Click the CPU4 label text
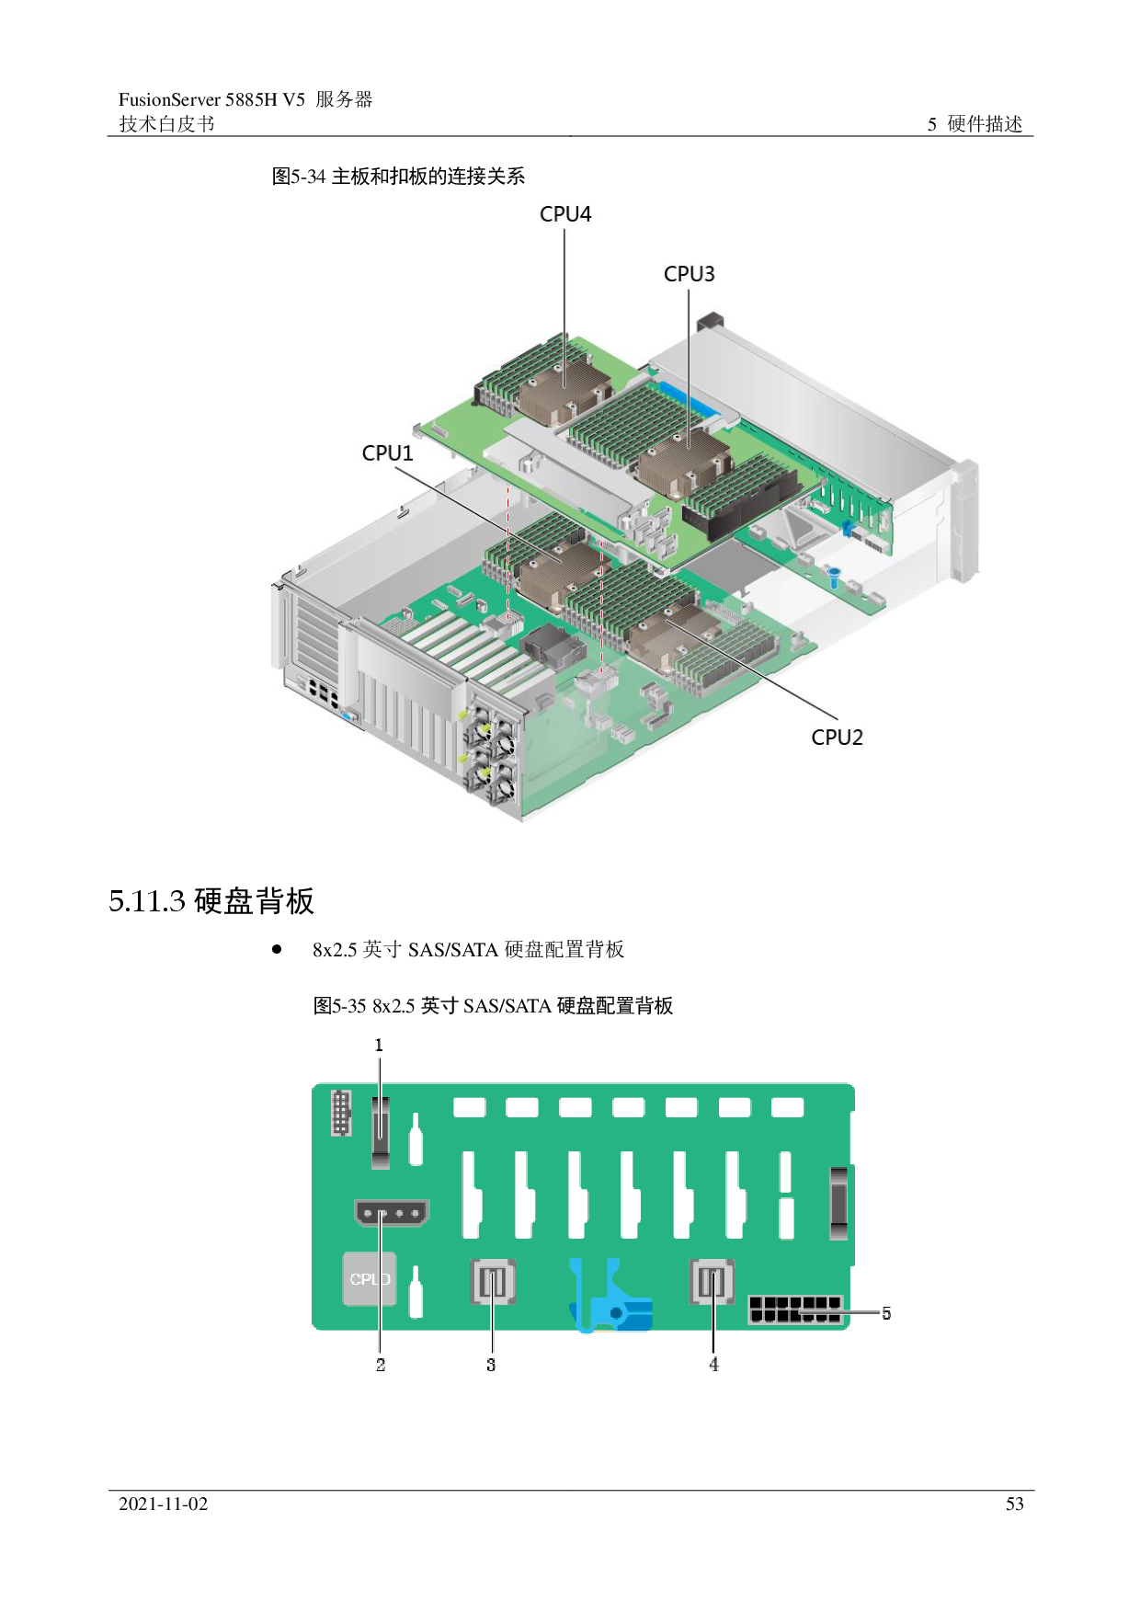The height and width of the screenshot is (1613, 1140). tap(564, 214)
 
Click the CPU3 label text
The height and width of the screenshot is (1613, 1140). tap(689, 274)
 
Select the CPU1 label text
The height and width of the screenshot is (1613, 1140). tap(387, 453)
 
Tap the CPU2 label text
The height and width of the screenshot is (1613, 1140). tap(837, 738)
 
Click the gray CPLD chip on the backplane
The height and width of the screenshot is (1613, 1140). tap(370, 1279)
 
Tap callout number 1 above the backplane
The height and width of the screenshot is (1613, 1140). tap(379, 1046)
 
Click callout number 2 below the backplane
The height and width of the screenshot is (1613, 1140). tap(381, 1366)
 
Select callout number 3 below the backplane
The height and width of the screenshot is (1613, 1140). tap(491, 1366)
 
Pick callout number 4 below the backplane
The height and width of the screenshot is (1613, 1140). tap(713, 1366)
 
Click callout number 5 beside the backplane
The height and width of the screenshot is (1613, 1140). tap(885, 1313)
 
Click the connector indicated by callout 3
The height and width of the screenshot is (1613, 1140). tap(493, 1282)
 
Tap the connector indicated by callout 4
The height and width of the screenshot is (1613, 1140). tap(712, 1282)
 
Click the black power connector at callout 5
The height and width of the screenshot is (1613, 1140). tap(795, 1310)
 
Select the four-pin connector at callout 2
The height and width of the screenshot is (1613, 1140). tap(392, 1213)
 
